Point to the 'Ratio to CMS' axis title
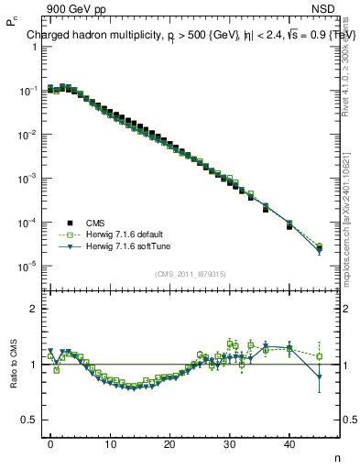[12, 364]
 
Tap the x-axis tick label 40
[289, 444]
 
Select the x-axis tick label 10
[110, 444]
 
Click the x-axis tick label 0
[50, 444]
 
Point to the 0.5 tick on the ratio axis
[29, 420]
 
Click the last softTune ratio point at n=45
[319, 377]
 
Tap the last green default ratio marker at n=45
[319, 356]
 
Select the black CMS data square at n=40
[289, 225]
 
